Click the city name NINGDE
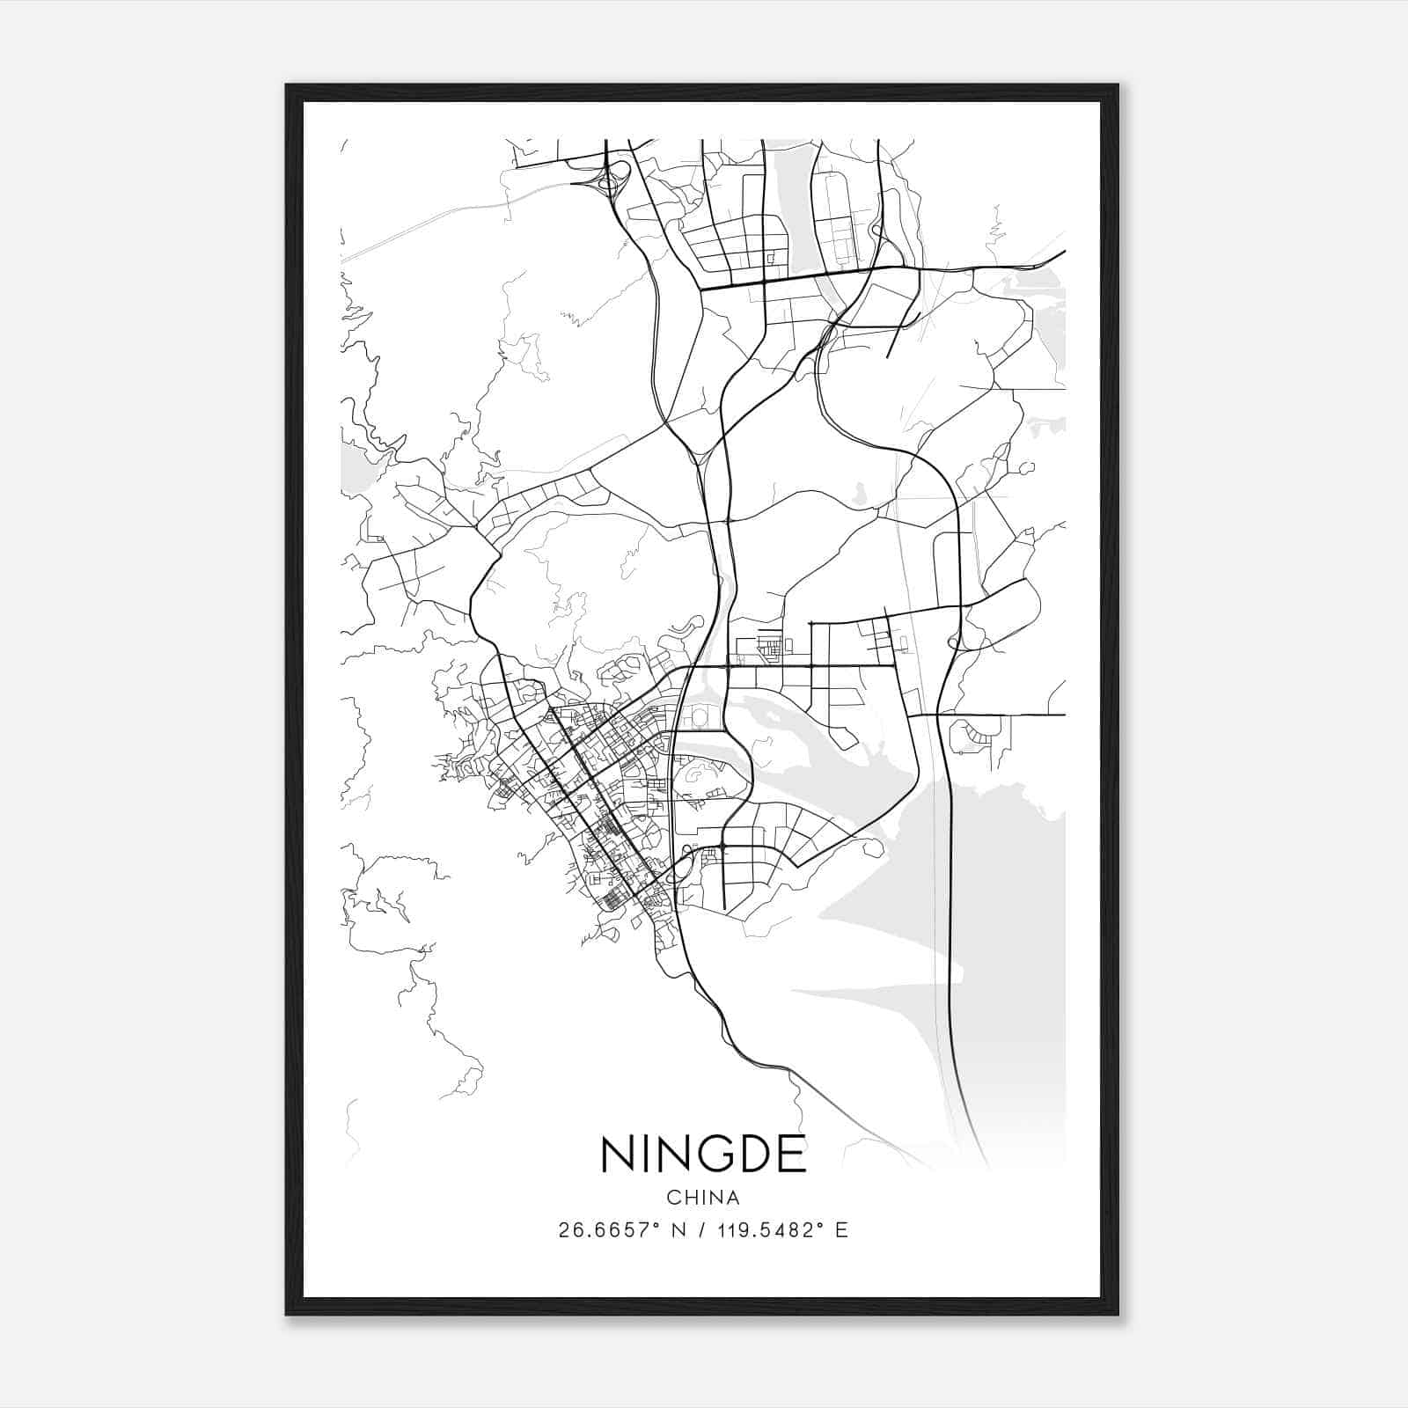pos(703,1155)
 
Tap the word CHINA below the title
pos(703,1198)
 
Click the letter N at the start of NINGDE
pos(617,1155)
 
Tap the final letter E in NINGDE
pos(793,1155)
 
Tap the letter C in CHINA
pos(673,1198)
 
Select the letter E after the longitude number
pos(842,1229)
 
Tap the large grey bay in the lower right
pos(1003,924)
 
